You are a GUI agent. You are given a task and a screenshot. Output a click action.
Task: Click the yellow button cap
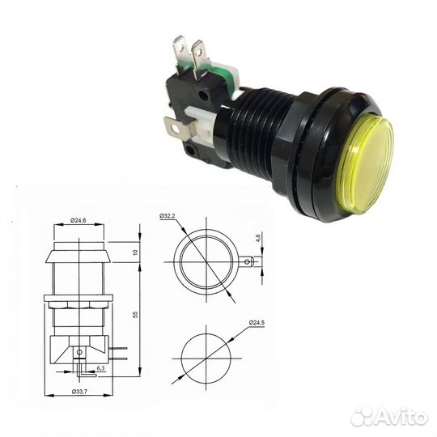tap(365, 153)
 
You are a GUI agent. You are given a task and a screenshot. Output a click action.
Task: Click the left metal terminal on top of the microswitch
tap(180, 50)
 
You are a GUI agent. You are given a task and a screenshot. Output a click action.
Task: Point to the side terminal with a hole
tap(173, 126)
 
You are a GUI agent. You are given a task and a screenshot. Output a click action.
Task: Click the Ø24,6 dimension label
tap(78, 219)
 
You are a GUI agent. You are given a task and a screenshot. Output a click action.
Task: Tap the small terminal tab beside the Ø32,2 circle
tap(248, 261)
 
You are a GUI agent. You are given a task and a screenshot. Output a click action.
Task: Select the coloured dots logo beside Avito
tap(362, 416)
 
